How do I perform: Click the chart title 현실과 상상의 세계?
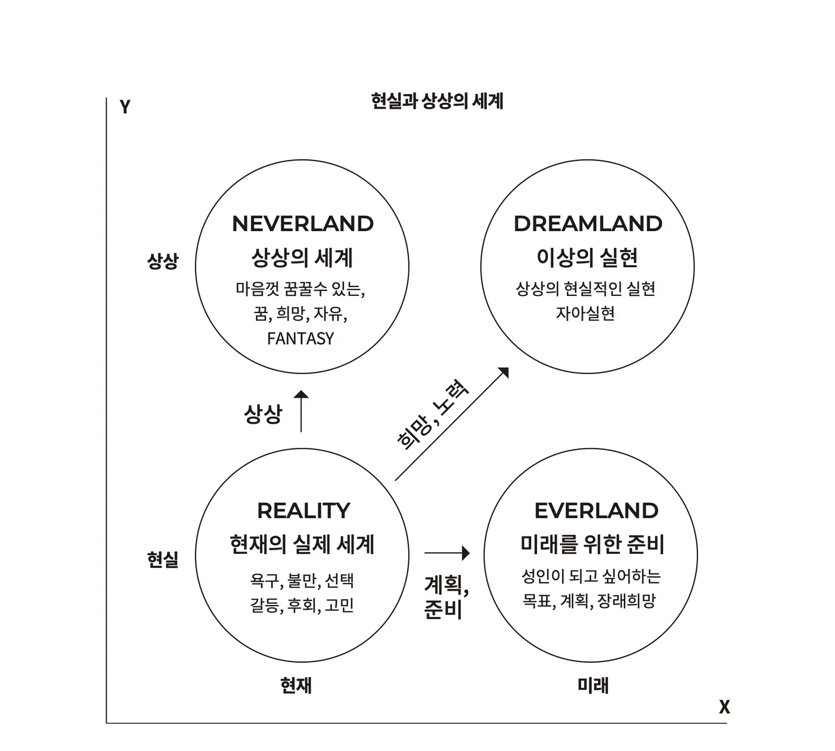coord(437,101)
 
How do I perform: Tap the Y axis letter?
coord(125,106)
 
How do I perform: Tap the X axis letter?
coord(724,707)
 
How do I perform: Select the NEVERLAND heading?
coord(303,224)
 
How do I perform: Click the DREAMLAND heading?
coord(588,224)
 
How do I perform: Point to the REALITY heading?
coord(303,510)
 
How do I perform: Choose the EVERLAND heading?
coord(596,510)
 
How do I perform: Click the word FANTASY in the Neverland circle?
coord(300,339)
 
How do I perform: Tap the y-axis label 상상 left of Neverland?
coord(163,260)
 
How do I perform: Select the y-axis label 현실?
coord(163,559)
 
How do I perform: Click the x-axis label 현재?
coord(296,685)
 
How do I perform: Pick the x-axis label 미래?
coord(593,685)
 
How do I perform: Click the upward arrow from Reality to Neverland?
coord(301,411)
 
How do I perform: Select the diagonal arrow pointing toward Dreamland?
coord(452,423)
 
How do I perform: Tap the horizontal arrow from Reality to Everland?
coord(447,553)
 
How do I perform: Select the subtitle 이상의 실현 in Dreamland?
coord(587,257)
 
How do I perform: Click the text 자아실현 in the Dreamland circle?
coord(585,313)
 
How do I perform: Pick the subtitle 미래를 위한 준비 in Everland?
coord(592,544)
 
